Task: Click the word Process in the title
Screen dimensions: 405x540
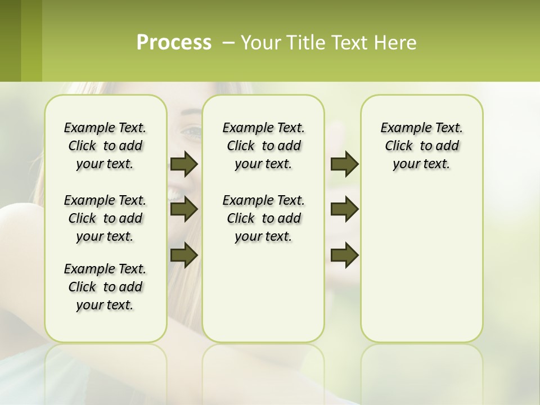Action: (174, 43)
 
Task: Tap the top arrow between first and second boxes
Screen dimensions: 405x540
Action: (183, 164)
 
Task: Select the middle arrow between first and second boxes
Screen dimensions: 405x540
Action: (183, 210)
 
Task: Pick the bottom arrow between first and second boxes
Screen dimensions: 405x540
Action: (183, 255)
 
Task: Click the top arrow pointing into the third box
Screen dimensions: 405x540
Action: (344, 164)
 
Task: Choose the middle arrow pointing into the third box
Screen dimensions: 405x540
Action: (344, 210)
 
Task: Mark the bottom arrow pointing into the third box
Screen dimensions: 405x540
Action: (344, 255)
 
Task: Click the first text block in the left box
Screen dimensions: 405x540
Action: (105, 146)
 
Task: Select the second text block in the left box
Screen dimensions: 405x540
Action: (105, 218)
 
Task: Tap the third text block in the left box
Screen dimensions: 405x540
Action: (105, 287)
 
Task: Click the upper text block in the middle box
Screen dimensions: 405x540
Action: (263, 146)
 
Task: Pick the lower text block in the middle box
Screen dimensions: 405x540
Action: (263, 218)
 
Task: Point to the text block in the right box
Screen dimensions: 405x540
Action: (421, 146)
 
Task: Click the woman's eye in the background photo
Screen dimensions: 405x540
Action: (191, 132)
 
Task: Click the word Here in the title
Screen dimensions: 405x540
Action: (397, 43)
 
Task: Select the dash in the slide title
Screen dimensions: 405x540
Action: (228, 43)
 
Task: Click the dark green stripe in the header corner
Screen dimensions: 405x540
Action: (10, 40)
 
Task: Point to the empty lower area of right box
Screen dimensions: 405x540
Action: (421, 264)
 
